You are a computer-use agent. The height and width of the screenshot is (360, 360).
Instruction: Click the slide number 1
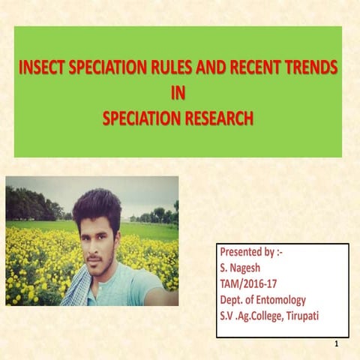(338, 344)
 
